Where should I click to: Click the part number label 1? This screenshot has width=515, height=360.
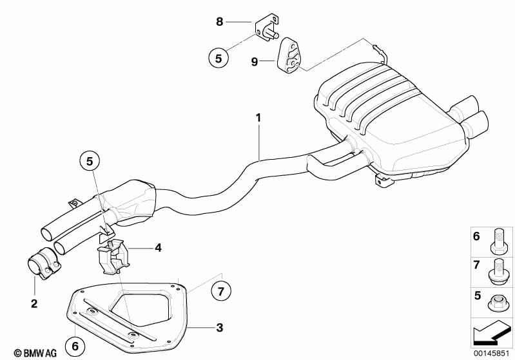[x=258, y=118]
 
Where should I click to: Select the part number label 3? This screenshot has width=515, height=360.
[x=219, y=328]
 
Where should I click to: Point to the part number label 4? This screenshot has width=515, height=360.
[x=157, y=247]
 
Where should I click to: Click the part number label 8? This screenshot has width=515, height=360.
[x=219, y=22]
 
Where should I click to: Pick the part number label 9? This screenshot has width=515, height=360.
[x=255, y=61]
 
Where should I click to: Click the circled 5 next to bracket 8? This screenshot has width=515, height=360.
[x=219, y=57]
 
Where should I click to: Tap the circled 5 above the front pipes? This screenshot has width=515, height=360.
[x=91, y=160]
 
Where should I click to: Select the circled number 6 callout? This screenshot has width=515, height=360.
[x=75, y=346]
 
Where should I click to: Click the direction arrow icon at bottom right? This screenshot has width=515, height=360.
[x=492, y=334]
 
